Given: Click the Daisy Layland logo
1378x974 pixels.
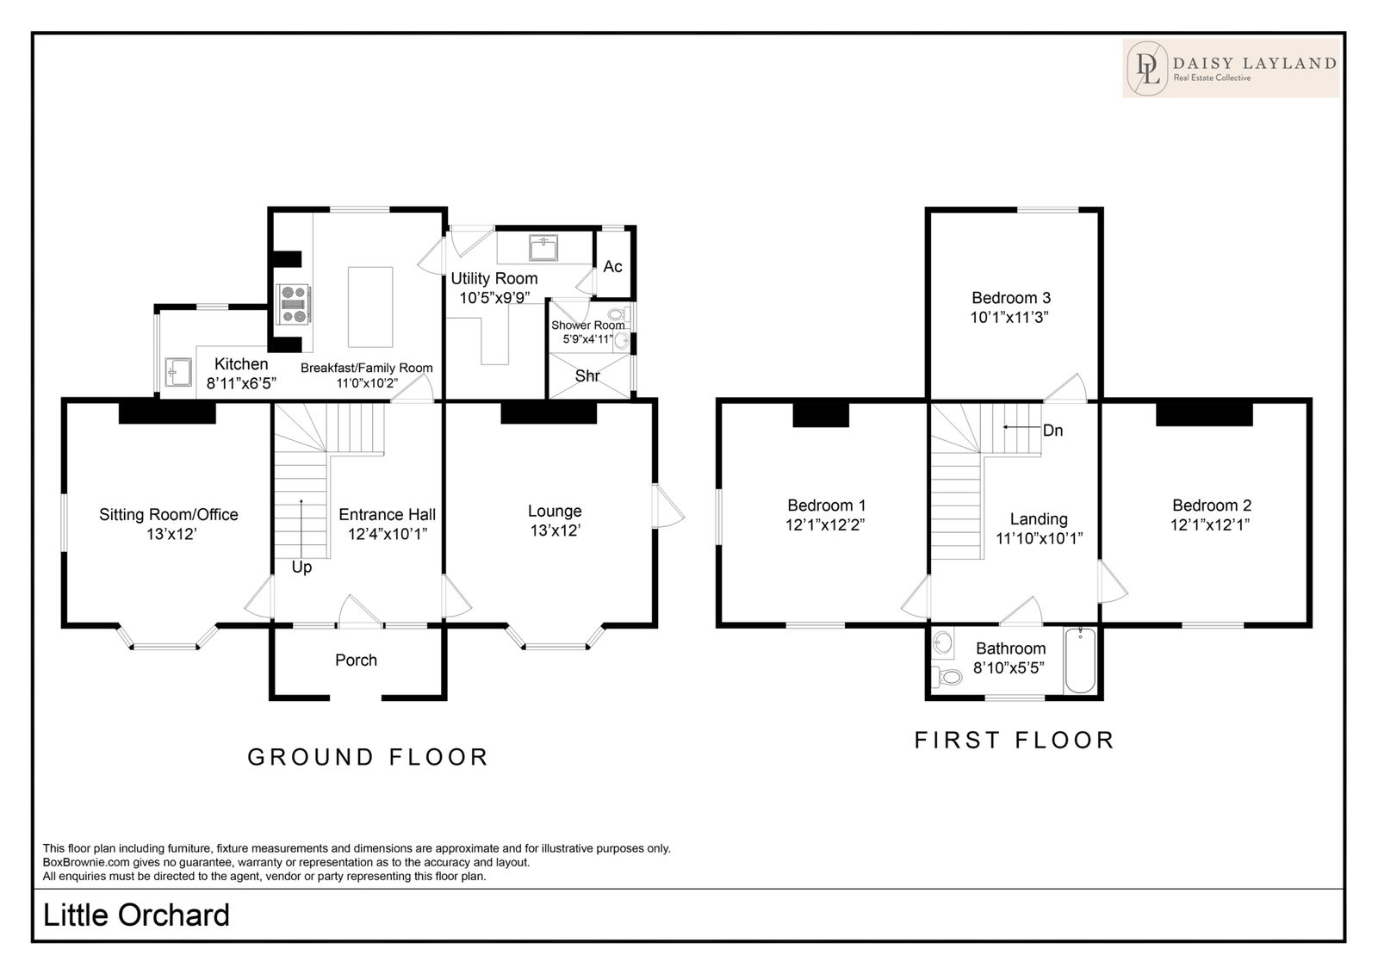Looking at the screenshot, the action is [1231, 68].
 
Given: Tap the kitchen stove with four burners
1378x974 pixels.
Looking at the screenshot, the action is [294, 304].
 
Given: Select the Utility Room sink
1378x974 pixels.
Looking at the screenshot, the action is [543, 247].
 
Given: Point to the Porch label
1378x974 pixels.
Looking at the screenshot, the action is [357, 661].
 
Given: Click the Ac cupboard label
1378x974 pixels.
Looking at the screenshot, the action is [612, 266].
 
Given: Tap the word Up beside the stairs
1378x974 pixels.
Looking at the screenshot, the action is [301, 568].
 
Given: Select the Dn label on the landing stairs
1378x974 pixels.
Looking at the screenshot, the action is [1052, 431].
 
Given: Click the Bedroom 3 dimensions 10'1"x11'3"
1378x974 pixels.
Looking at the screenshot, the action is [1009, 318].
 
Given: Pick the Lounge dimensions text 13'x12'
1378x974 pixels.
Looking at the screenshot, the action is [556, 530].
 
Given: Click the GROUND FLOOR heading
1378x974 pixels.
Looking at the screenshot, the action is [368, 758].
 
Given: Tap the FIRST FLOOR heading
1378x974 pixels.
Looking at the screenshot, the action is [1015, 741].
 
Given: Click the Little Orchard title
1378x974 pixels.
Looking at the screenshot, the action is [136, 915].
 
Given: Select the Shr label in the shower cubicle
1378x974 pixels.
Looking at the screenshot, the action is [587, 376].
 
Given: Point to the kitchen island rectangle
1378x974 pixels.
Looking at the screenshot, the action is [370, 307].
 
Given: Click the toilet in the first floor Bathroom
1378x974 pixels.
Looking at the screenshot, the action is [947, 677].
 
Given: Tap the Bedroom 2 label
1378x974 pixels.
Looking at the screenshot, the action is [1212, 506].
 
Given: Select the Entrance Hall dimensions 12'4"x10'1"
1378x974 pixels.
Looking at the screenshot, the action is [388, 534].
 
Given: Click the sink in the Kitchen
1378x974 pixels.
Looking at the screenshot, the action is [178, 372].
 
